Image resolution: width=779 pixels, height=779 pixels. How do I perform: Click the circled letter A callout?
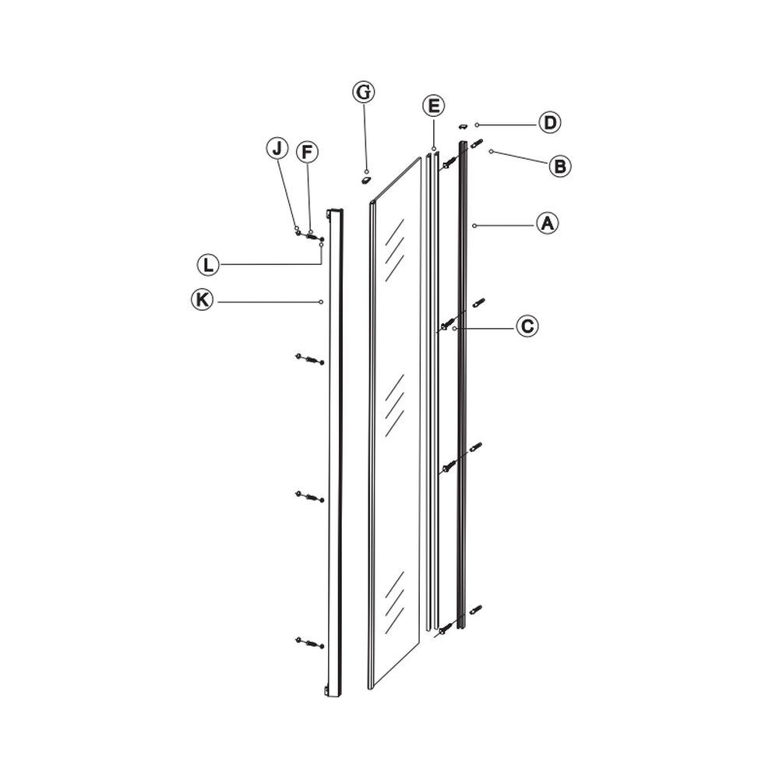point(548,224)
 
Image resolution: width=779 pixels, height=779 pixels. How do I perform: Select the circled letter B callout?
point(559,165)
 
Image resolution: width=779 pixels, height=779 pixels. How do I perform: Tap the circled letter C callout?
point(527,326)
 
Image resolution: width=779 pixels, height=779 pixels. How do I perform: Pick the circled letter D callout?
point(550,123)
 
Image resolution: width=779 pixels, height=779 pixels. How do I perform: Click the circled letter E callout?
point(433,105)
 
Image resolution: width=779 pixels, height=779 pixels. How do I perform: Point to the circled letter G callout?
point(363,92)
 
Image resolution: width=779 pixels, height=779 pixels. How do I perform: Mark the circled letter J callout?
point(276,148)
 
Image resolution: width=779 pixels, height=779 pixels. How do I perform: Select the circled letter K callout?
point(203,301)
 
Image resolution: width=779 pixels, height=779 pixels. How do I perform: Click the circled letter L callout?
point(206,265)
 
